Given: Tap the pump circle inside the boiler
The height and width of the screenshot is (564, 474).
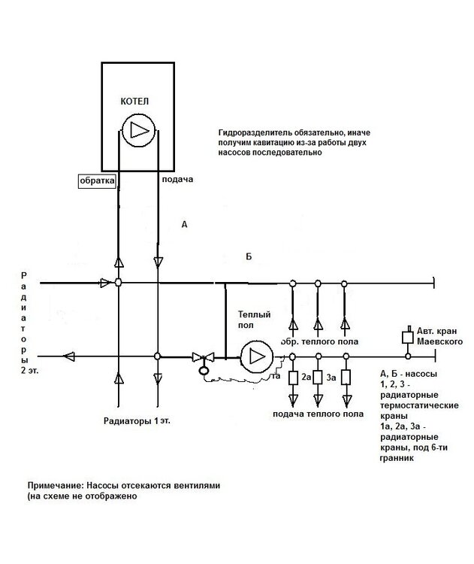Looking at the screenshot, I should tap(138, 129).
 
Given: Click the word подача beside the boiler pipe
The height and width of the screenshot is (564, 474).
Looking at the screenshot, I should tap(178, 180).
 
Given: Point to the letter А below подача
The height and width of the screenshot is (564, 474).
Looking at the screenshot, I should tap(184, 223).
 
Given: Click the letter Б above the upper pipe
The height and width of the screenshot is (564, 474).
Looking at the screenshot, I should tap(249, 256).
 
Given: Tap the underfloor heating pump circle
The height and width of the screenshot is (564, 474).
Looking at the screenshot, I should tap(257, 356).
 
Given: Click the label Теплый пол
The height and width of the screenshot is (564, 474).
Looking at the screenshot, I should tap(254, 320).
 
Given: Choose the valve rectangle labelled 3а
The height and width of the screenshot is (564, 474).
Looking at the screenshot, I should tap(318, 377).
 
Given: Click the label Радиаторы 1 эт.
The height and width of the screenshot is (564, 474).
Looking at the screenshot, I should tap(137, 421).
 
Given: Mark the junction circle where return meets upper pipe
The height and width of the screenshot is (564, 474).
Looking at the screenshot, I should tap(118, 283).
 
